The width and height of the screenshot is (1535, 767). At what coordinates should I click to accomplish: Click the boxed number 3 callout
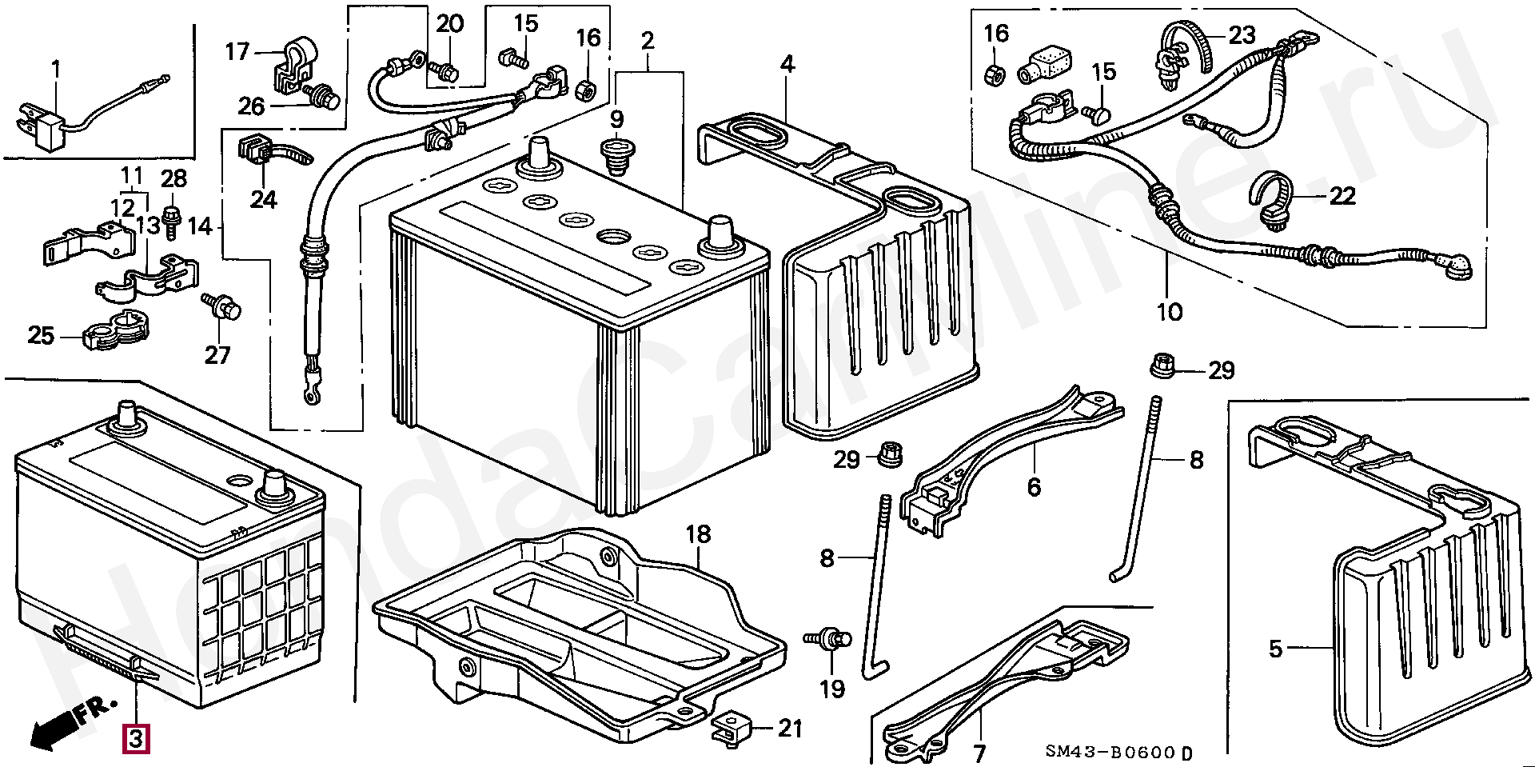[x=135, y=738]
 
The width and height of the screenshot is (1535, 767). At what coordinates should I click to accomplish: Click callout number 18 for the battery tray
[x=698, y=534]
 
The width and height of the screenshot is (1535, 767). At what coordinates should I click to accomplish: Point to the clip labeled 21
[x=730, y=727]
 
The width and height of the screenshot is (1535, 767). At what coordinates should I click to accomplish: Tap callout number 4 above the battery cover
[x=787, y=64]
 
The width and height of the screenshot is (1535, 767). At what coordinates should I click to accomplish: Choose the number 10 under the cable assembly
[x=1170, y=312]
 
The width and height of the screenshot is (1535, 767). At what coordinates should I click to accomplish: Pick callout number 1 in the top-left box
[x=56, y=70]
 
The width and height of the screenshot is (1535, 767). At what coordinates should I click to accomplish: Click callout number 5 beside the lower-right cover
[x=1275, y=648]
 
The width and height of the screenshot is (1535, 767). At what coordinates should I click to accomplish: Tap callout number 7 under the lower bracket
[x=979, y=753]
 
